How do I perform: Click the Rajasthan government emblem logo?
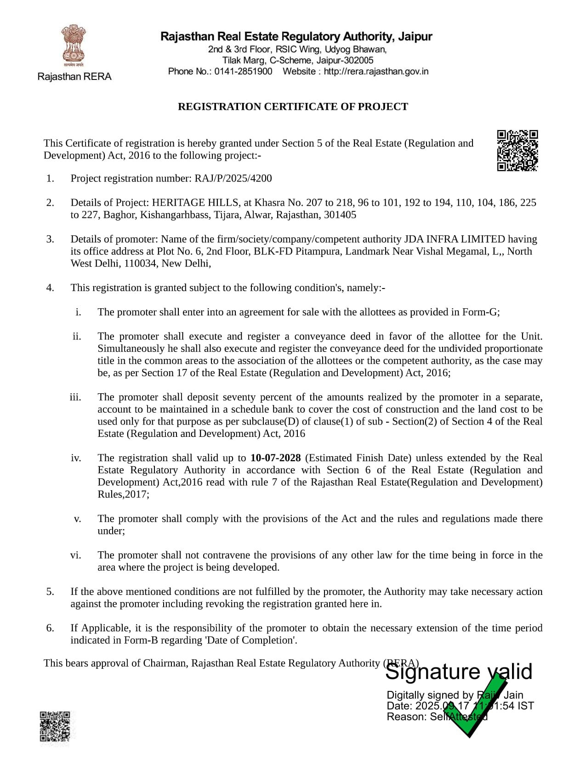click(74, 46)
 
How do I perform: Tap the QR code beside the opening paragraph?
click(517, 150)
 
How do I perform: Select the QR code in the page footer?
click(55, 726)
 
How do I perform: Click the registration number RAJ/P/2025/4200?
click(233, 178)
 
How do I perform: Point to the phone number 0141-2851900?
click(243, 72)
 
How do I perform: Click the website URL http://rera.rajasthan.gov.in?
click(376, 72)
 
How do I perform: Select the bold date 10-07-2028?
click(275, 458)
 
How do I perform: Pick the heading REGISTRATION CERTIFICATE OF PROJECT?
click(293, 107)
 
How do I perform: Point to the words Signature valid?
click(458, 672)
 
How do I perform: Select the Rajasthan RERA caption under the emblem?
click(74, 77)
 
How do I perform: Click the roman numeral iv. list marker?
click(76, 458)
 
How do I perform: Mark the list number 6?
click(50, 628)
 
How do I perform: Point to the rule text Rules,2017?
click(123, 494)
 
